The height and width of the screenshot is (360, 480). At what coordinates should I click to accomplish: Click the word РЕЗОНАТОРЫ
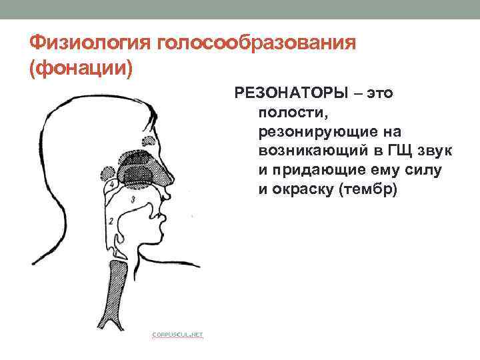click(x=289, y=93)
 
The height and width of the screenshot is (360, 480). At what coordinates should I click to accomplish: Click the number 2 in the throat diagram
click(x=110, y=220)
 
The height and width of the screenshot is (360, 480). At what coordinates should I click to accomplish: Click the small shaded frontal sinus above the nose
click(x=145, y=141)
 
